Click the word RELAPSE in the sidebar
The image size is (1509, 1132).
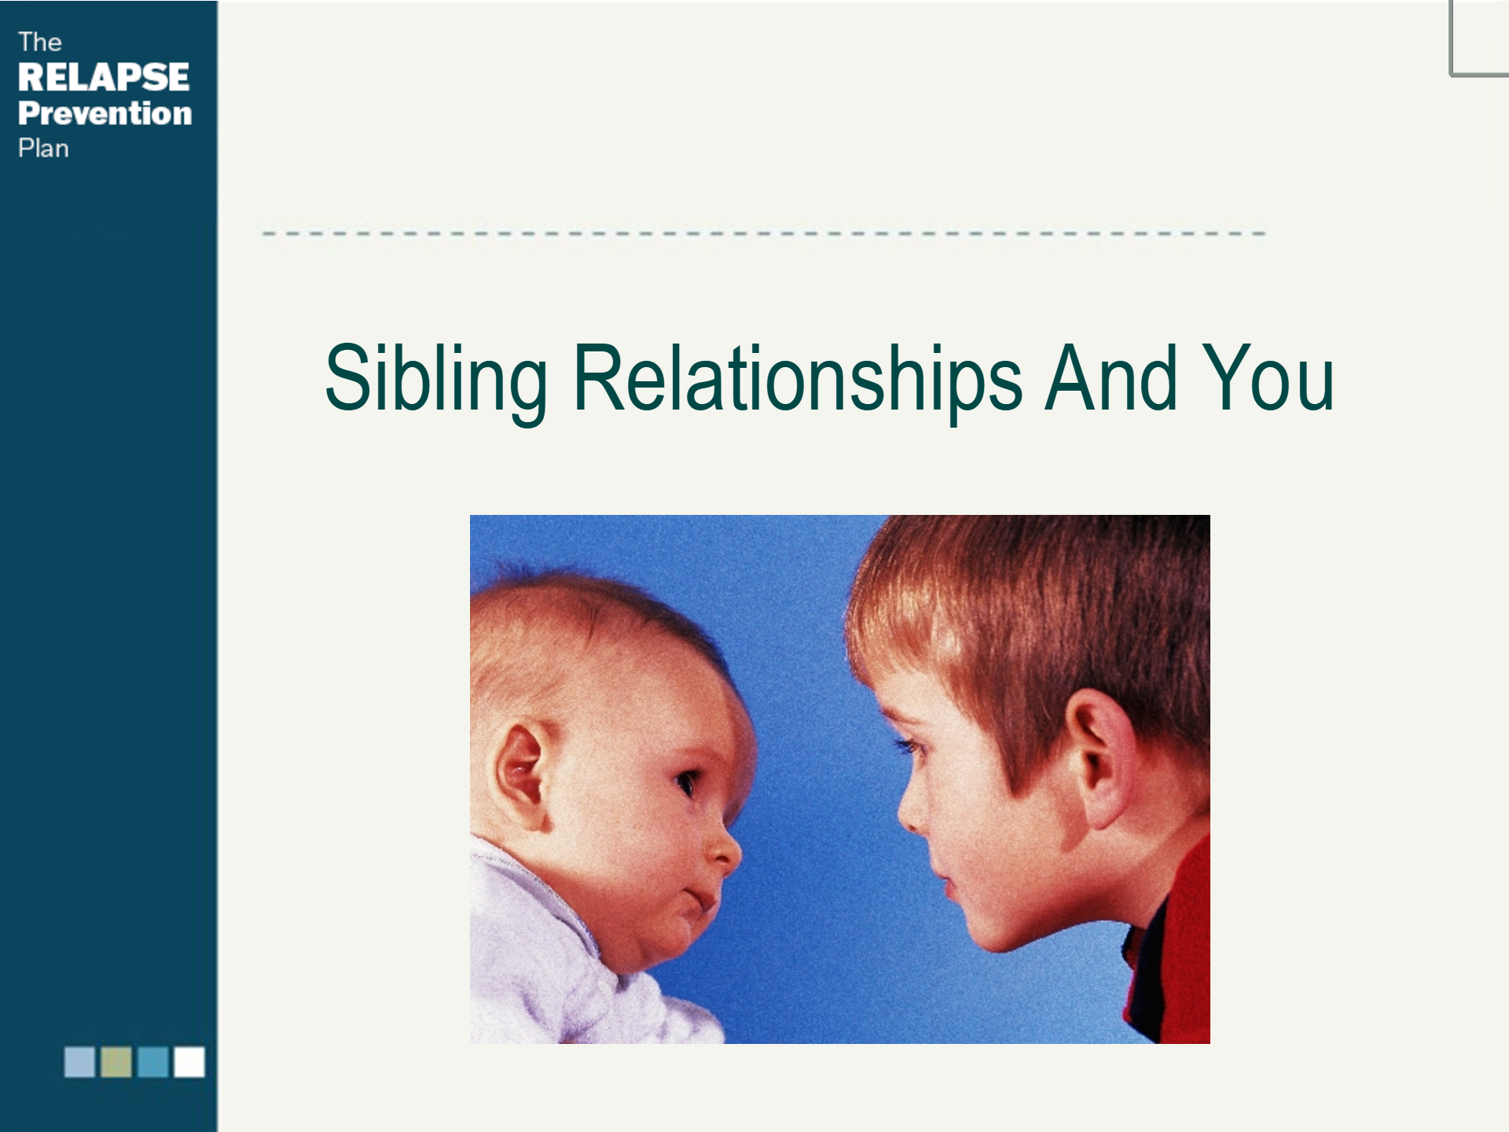(104, 77)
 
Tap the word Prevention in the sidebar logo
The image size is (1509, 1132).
(105, 113)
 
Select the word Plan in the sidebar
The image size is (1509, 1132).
(43, 149)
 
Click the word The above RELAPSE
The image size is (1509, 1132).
(39, 42)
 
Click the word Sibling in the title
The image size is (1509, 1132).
(436, 382)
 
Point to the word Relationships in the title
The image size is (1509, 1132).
(799, 382)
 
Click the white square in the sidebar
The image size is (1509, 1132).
(189, 1061)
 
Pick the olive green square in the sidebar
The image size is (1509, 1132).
(116, 1061)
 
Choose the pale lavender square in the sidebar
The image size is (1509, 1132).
(79, 1061)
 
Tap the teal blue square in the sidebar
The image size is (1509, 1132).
(152, 1061)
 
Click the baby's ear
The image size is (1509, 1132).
(519, 774)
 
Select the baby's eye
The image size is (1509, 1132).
(686, 783)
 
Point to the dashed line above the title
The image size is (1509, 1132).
(764, 233)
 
